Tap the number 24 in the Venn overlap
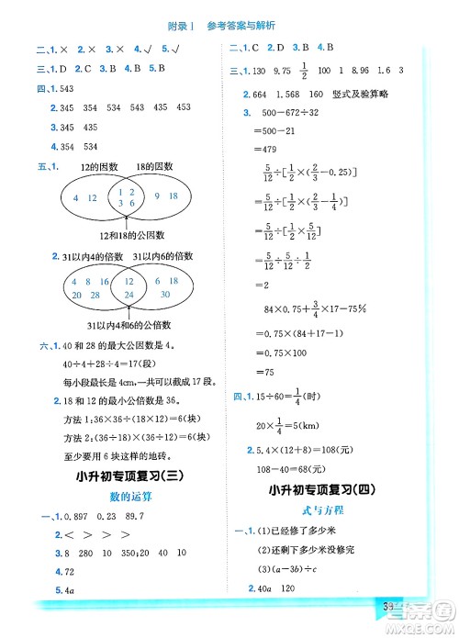(x=128, y=294)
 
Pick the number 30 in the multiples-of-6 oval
(x=165, y=294)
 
